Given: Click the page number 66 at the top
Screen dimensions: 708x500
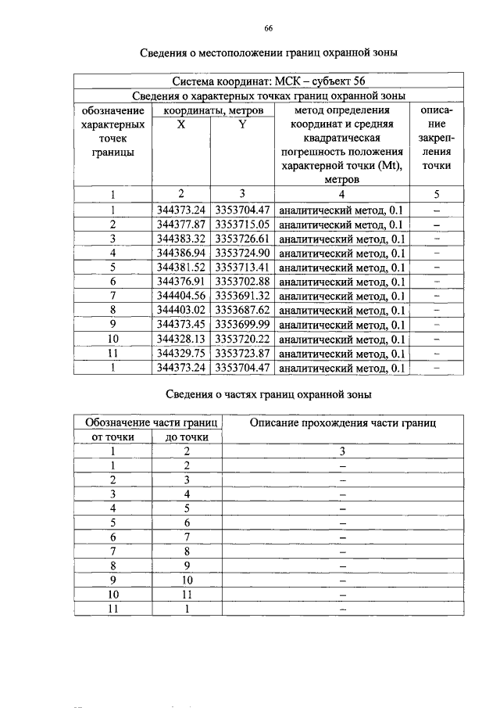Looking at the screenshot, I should tap(268, 29).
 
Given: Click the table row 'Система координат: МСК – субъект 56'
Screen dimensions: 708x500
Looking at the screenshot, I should tap(268, 81).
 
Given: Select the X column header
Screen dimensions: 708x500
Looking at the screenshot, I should tap(180, 124).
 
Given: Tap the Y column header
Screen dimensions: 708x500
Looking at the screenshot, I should tap(242, 124).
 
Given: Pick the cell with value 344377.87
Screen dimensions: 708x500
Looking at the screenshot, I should tap(180, 224).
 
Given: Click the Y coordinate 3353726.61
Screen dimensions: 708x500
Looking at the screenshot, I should tap(242, 238).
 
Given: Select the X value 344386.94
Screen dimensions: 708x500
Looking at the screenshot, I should tap(180, 253).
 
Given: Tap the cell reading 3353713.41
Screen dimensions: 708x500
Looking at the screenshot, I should tap(242, 267).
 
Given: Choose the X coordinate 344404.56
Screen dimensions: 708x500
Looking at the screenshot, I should tap(180, 296).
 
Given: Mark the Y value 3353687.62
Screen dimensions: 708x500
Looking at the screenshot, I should tap(242, 311).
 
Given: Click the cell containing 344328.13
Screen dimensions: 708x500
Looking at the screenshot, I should tap(180, 340).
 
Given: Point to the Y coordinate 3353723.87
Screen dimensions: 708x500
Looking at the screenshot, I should tap(242, 354).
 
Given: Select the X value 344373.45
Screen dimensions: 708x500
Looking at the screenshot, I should tap(180, 325).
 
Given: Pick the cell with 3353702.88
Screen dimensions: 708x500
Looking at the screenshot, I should tap(242, 282).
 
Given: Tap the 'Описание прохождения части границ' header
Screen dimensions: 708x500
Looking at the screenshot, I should tap(342, 422).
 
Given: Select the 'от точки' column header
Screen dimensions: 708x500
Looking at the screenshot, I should tap(113, 437).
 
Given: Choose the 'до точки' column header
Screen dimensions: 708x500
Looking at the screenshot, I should tap(187, 437).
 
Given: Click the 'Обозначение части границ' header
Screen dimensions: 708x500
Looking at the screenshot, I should tap(149, 422).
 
